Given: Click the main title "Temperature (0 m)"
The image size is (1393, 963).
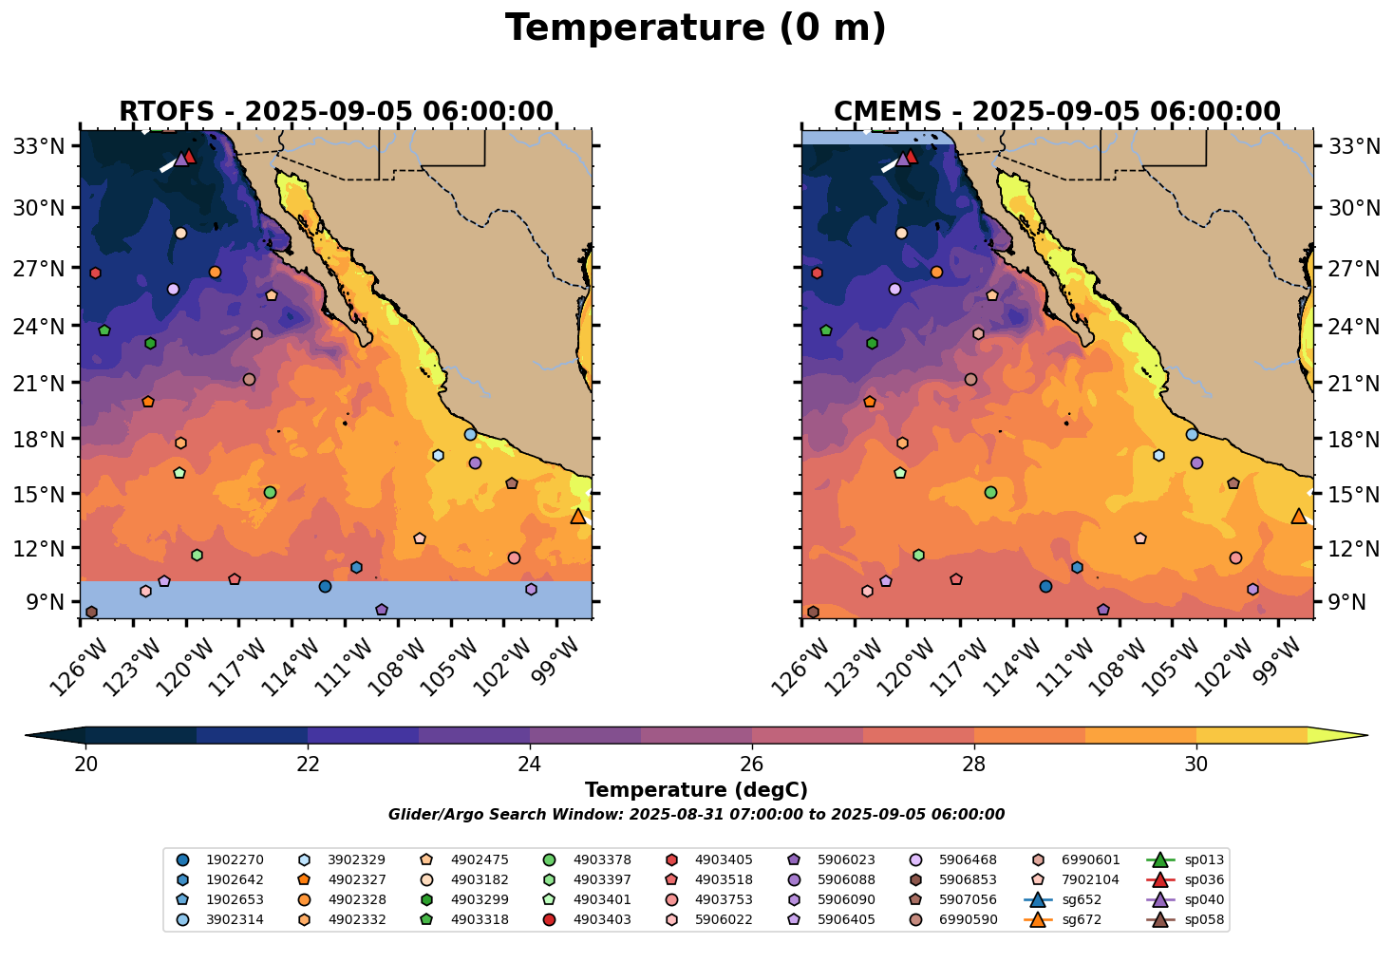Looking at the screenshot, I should pyautogui.click(x=695, y=28).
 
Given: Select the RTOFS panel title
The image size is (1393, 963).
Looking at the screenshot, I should pyautogui.click(x=335, y=112).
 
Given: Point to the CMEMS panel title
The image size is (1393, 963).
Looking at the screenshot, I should pyautogui.click(x=1057, y=112).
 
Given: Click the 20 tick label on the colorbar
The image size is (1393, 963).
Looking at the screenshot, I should pyautogui.click(x=85, y=764).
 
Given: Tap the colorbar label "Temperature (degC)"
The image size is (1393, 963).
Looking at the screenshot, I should pyautogui.click(x=696, y=790).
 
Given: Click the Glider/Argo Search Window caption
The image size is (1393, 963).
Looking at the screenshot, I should pyautogui.click(x=696, y=815).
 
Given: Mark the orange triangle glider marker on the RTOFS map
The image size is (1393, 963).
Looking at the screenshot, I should pyautogui.click(x=578, y=516).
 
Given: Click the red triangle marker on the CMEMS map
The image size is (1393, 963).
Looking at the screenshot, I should pyautogui.click(x=911, y=157).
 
